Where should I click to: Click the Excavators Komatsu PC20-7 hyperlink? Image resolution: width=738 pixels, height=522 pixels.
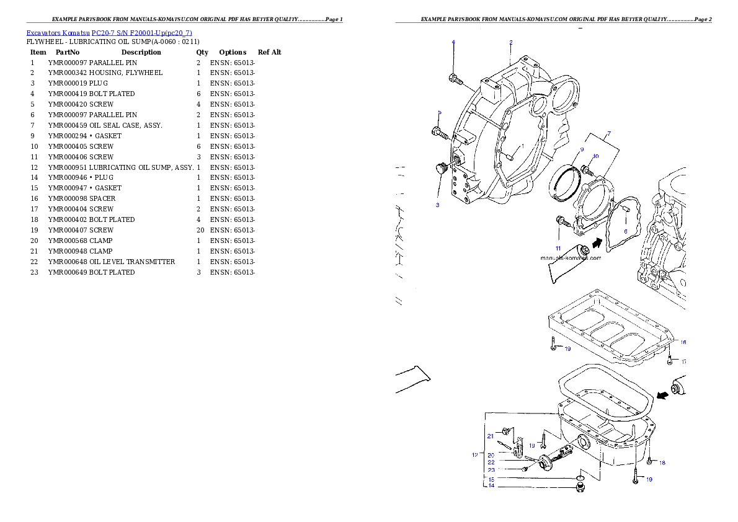point(109,33)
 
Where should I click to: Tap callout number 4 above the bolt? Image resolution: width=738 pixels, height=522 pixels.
point(453,42)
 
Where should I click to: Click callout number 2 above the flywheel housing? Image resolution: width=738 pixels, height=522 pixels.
point(511,42)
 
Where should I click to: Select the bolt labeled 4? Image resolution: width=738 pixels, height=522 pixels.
point(454,79)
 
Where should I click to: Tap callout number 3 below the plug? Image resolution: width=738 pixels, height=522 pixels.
point(437,205)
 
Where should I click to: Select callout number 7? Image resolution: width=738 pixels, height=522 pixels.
point(608,134)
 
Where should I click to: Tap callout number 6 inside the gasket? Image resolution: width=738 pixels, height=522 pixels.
point(625,231)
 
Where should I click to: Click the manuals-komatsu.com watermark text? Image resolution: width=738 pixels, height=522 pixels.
point(571,258)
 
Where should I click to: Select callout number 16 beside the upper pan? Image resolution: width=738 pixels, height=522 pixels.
point(683,342)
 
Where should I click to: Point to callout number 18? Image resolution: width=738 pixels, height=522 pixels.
point(662,463)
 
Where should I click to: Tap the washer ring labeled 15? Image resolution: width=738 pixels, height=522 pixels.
point(579,479)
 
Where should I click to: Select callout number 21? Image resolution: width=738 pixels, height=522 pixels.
point(489,436)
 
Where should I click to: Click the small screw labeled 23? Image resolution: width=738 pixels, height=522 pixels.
point(523,469)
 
